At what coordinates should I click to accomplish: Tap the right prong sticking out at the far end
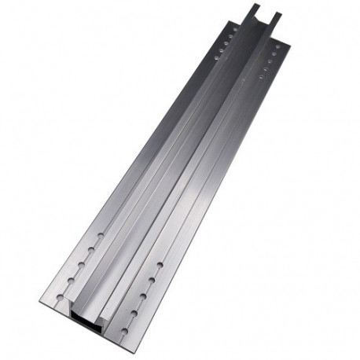pos(276,17)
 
